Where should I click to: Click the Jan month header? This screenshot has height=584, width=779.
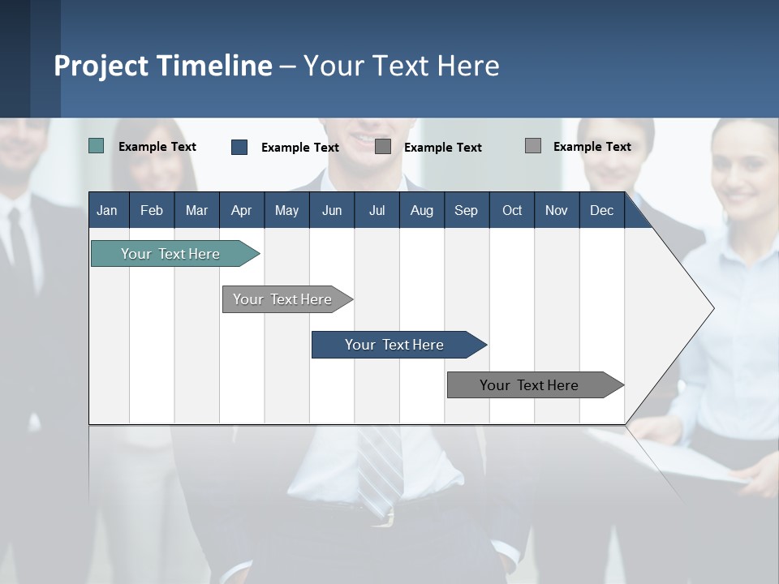tap(107, 210)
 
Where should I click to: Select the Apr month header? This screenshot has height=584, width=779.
tap(241, 210)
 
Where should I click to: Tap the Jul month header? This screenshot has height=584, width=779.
tap(377, 210)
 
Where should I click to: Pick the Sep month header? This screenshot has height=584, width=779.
tap(466, 210)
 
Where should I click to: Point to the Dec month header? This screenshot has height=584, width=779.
tap(601, 210)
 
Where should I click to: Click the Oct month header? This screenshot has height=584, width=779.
tap(512, 210)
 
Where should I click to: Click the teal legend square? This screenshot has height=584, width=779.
tap(96, 146)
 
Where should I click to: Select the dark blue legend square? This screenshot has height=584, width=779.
tap(239, 147)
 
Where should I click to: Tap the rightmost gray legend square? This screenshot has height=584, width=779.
tap(533, 146)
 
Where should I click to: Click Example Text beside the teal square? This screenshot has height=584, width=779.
tap(157, 147)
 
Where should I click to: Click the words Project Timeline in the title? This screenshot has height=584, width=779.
tap(163, 66)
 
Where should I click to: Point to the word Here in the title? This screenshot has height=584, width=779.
tap(468, 66)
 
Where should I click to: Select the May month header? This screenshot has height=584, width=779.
tap(286, 210)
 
